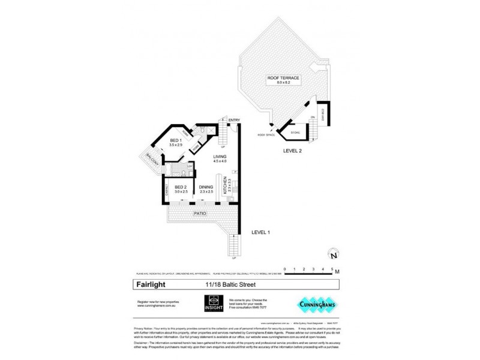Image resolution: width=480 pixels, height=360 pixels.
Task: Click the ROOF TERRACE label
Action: click(x=283, y=78)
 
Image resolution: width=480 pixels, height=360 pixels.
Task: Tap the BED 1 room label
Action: click(x=175, y=143)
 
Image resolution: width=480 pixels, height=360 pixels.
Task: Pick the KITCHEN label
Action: click(x=226, y=185)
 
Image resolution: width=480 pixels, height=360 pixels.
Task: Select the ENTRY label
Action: click(x=234, y=120)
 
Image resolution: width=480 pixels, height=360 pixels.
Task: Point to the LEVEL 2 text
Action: click(x=293, y=152)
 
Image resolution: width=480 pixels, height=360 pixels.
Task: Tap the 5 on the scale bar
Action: click(x=332, y=268)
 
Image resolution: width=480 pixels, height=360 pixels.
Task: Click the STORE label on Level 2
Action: click(x=295, y=133)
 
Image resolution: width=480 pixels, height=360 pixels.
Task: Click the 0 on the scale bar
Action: click(x=286, y=268)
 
